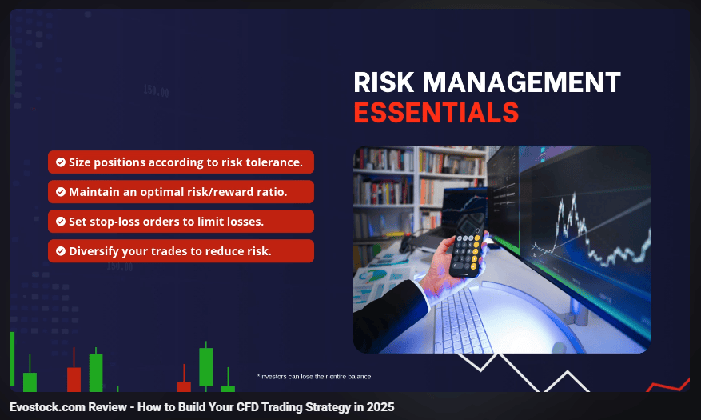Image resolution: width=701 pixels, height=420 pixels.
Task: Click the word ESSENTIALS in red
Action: pos(436,112)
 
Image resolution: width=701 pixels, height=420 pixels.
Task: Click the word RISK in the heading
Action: pos(384,82)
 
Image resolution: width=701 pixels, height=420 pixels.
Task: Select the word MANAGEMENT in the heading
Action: pos(522,82)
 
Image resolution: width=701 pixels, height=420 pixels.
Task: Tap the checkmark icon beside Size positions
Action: pos(61,162)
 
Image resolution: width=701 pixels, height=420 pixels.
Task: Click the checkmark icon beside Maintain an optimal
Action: pos(61,191)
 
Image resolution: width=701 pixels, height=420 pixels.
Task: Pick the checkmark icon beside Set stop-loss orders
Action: pos(61,222)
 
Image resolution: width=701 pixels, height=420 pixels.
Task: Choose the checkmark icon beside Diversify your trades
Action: pos(61,251)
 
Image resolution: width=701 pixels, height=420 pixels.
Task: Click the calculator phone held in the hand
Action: pos(467,245)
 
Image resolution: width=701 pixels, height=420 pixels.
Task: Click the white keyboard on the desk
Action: pos(462,321)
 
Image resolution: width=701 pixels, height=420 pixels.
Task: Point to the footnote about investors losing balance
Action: pos(314,377)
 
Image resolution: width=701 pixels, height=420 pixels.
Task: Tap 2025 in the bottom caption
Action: pos(380,407)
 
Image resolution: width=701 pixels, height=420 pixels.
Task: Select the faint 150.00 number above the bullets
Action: pos(156,91)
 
